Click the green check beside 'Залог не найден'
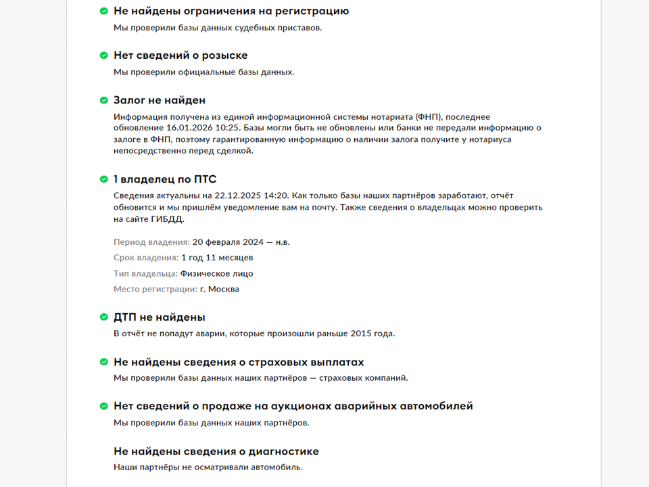click(104, 100)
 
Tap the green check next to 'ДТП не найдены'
click(104, 317)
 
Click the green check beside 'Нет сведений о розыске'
click(104, 55)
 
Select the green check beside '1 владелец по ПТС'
click(104, 179)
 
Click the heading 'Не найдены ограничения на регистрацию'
click(231, 11)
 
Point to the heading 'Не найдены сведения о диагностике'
click(216, 451)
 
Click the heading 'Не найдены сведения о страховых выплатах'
click(239, 362)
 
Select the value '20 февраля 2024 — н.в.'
click(241, 241)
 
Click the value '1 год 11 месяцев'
click(217, 258)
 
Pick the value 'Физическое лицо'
click(216, 273)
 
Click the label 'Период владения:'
click(151, 241)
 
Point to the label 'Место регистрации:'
click(155, 289)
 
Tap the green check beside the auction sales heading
click(104, 407)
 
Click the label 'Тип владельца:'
click(145, 273)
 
